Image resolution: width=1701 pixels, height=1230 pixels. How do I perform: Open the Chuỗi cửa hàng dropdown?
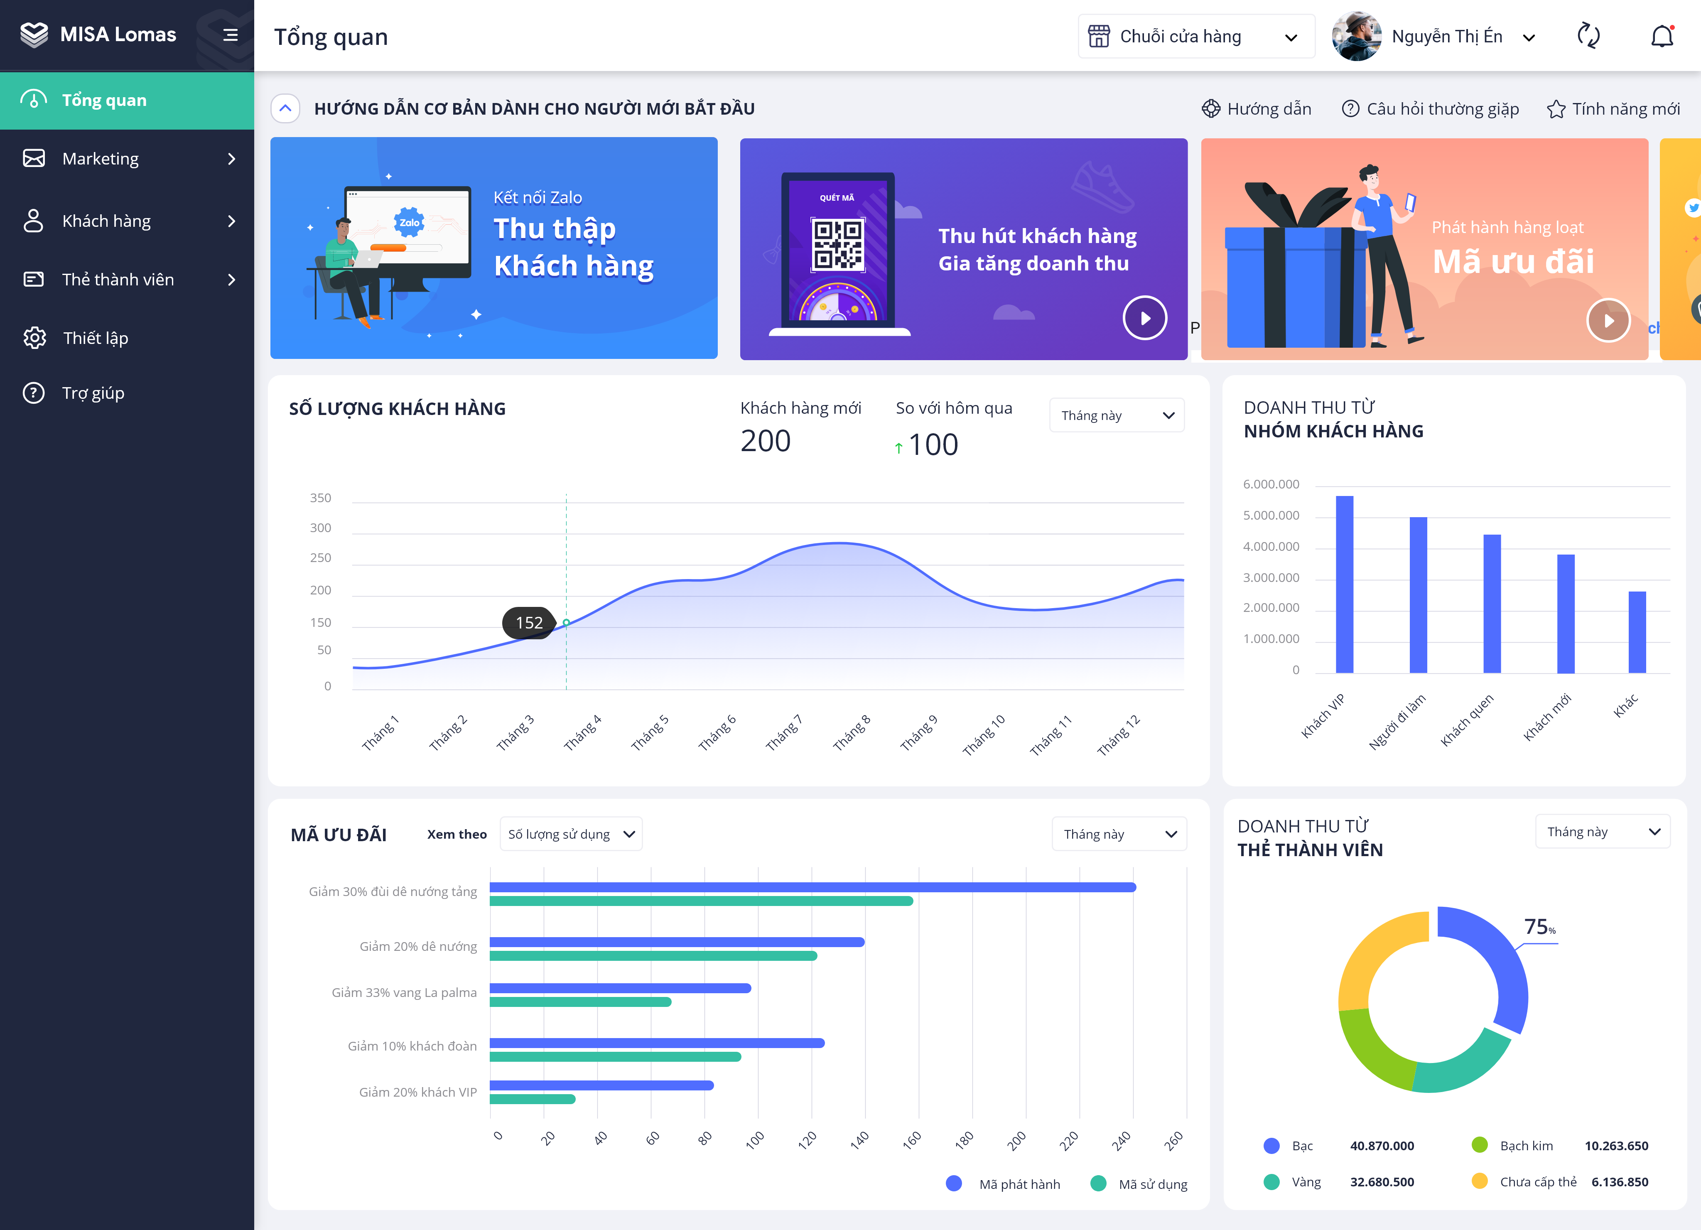pos(1196,36)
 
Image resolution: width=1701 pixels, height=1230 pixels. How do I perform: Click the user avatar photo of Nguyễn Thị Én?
pos(1356,36)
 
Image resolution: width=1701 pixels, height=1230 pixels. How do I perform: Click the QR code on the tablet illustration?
pos(838,245)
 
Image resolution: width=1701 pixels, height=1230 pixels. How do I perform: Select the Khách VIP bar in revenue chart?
pos(1344,584)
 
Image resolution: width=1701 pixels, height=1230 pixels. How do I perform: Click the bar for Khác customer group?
pos(1637,632)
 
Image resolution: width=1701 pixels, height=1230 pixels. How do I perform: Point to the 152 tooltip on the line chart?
pos(529,623)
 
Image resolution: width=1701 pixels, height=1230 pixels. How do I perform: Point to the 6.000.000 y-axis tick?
pos(1271,484)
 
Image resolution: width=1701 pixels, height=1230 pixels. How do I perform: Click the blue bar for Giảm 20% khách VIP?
pos(601,1085)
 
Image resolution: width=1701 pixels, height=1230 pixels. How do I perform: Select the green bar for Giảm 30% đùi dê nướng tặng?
pos(701,901)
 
